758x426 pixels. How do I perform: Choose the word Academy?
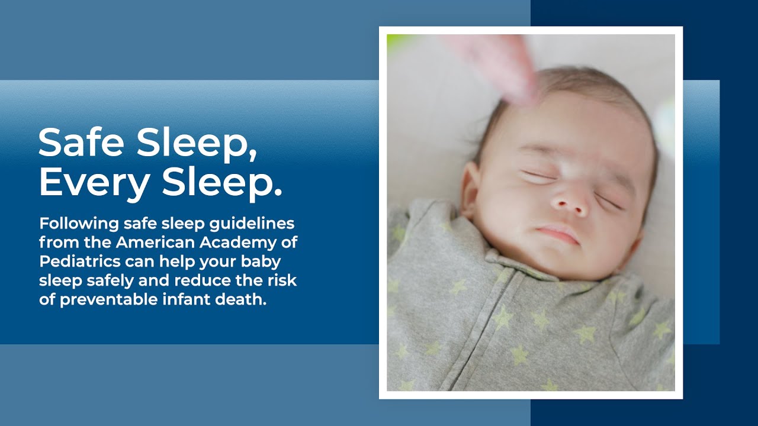(244, 243)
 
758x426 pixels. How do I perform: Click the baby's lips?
(558, 233)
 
